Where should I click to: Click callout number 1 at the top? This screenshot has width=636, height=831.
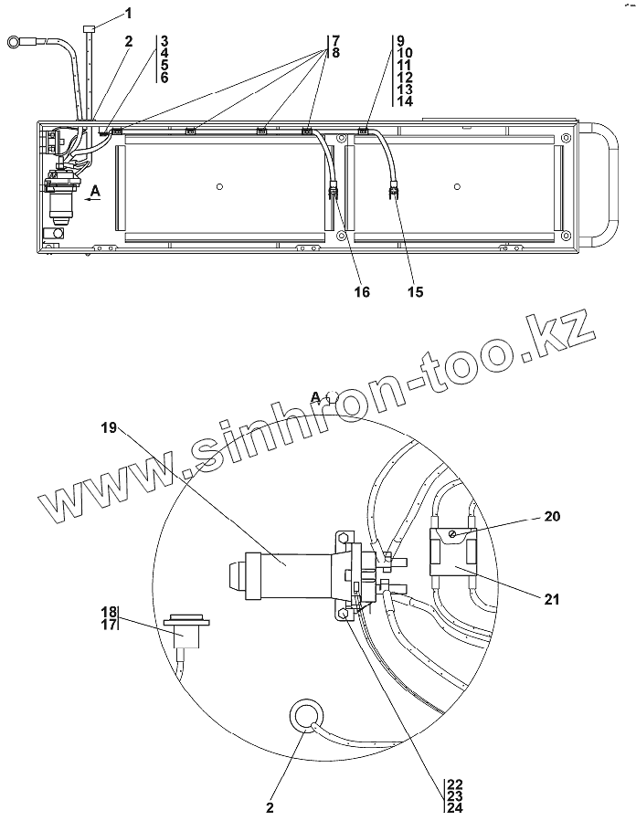(128, 13)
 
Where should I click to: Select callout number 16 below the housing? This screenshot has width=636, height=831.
(362, 291)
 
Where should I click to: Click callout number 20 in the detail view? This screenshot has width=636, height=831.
(551, 516)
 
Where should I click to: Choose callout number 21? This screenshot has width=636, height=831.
(551, 599)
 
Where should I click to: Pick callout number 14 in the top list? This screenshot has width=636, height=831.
(406, 101)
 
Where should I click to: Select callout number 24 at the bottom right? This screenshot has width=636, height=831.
(454, 809)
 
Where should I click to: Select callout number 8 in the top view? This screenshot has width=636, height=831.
(336, 53)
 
